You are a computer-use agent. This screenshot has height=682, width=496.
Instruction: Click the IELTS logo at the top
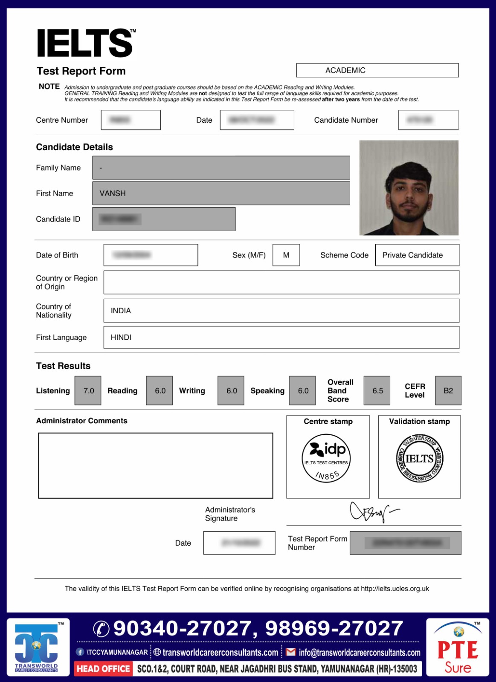click(86, 43)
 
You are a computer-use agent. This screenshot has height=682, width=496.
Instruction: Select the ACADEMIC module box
click(377, 70)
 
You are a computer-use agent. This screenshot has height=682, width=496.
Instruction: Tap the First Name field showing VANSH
click(221, 194)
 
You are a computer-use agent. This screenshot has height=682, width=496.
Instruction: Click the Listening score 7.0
click(88, 390)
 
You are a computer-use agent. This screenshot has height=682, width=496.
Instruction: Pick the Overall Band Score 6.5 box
click(377, 390)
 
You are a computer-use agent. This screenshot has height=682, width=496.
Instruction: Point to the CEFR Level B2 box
click(448, 390)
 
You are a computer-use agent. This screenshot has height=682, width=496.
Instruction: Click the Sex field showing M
click(286, 255)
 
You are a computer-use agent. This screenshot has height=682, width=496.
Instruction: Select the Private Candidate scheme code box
click(417, 255)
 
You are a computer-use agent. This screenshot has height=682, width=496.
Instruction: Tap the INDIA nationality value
click(121, 311)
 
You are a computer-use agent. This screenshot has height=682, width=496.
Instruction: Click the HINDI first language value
click(121, 337)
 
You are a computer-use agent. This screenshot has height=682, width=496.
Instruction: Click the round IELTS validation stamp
click(420, 459)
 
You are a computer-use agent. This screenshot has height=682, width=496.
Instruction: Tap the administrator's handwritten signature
click(372, 511)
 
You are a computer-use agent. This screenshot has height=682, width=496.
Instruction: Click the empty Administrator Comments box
click(155, 465)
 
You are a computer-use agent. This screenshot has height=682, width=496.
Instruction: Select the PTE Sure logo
click(458, 647)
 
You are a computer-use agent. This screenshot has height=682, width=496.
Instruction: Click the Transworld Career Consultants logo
click(38, 647)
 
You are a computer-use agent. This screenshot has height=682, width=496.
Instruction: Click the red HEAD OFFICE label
click(103, 669)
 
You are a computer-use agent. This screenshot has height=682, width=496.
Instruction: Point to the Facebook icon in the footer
click(80, 652)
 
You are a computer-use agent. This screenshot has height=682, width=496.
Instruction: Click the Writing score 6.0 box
click(231, 390)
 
